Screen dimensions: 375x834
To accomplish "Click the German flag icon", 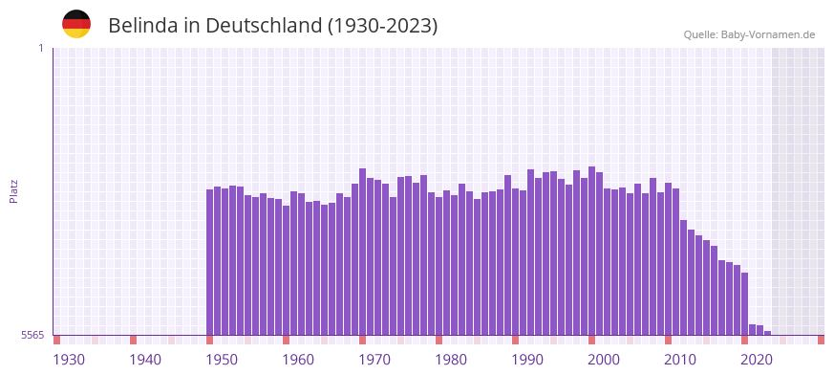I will (76, 24).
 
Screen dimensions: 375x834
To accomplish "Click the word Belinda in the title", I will (143, 26).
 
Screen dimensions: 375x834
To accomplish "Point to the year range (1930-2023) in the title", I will (382, 26).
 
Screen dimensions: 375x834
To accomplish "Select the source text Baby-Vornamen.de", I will (767, 34).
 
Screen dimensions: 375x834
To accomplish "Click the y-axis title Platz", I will (13, 191).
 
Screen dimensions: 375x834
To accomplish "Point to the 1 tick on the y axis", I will (40, 48).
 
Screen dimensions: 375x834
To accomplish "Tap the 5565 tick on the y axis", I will (32, 335).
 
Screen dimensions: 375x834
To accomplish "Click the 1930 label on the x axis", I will (69, 360).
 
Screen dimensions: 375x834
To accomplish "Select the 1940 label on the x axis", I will (145, 360).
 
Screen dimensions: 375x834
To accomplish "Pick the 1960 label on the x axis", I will (298, 360).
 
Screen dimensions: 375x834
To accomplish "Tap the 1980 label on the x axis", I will (451, 360).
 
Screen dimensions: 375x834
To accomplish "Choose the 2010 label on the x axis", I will (680, 360).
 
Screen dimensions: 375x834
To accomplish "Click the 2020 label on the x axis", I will (757, 360).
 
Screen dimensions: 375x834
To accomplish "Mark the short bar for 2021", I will (753, 330).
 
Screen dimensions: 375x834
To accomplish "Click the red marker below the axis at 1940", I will (134, 340).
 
